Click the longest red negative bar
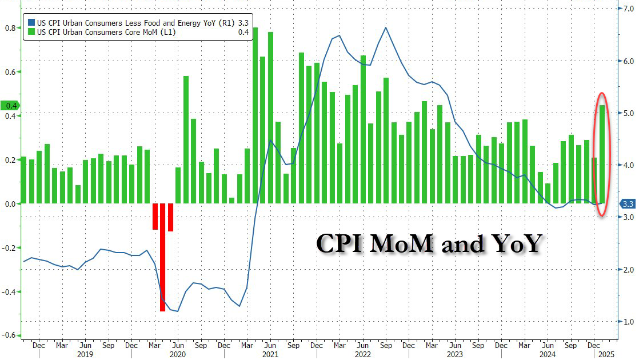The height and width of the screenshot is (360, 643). [x=162, y=257]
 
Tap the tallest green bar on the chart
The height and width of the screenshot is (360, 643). [x=255, y=114]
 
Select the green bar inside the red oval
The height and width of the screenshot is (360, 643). [x=601, y=154]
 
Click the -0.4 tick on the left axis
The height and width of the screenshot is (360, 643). [x=10, y=292]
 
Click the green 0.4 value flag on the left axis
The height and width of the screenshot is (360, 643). [x=11, y=106]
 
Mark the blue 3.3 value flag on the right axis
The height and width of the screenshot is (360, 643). [x=628, y=204]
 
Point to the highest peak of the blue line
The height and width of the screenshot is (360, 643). [x=386, y=27]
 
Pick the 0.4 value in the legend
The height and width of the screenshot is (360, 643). [x=243, y=32]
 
